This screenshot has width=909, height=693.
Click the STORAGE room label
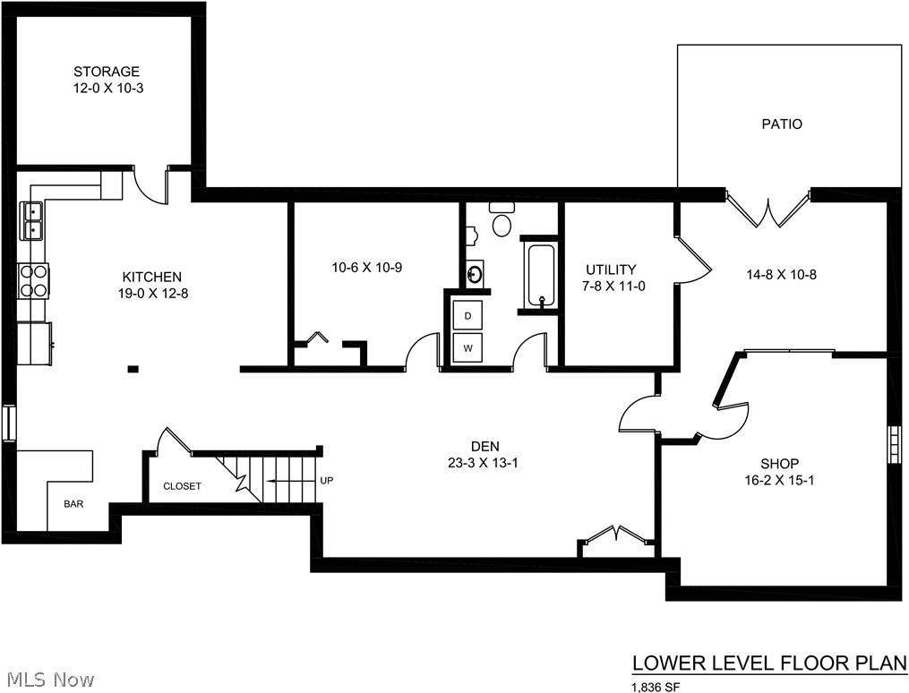tap(107, 72)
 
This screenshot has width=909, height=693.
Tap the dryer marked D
tap(467, 316)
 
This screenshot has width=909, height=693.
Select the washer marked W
tap(467, 347)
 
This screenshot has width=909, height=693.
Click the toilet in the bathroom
tap(501, 219)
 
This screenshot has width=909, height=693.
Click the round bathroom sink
tap(476, 273)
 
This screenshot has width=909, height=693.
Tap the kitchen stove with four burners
tap(34, 280)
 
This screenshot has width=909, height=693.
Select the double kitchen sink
tap(32, 221)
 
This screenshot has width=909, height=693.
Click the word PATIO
tap(782, 124)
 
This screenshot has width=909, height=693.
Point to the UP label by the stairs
tap(326, 480)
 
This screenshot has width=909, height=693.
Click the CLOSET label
tap(182, 486)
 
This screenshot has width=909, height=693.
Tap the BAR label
tap(73, 504)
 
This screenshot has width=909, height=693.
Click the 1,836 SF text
tap(656, 688)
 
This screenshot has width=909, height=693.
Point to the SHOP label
tap(780, 464)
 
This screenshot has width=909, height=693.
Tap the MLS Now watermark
tap(47, 679)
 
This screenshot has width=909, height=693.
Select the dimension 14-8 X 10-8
tap(782, 275)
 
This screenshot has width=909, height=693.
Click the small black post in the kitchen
tap(133, 368)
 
